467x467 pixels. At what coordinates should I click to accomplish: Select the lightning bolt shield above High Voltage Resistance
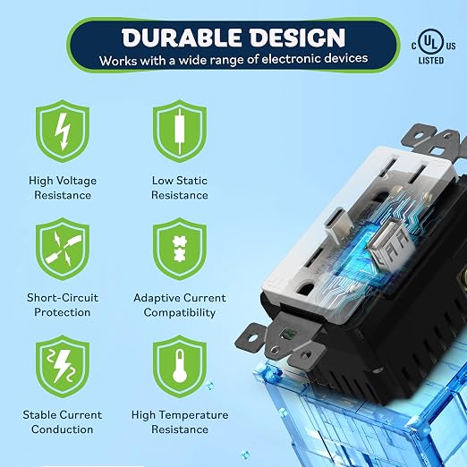pyautogui.click(x=63, y=132)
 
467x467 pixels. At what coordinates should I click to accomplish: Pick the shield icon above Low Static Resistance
pyautogui.click(x=180, y=132)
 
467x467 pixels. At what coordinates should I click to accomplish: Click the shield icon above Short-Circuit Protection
pyautogui.click(x=63, y=249)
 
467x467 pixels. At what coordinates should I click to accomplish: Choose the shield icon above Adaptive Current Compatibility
pyautogui.click(x=180, y=249)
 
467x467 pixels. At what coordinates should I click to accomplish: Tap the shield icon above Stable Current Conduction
pyautogui.click(x=63, y=366)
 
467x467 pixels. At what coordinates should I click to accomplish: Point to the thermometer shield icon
pyautogui.click(x=180, y=366)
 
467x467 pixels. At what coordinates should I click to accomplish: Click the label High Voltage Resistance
pyautogui.click(x=63, y=188)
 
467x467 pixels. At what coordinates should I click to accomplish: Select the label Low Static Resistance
pyautogui.click(x=180, y=188)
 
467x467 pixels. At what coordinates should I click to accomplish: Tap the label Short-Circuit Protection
pyautogui.click(x=63, y=305)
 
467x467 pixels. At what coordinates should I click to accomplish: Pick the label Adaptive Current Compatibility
pyautogui.click(x=180, y=305)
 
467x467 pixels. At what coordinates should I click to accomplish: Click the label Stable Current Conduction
pyautogui.click(x=63, y=422)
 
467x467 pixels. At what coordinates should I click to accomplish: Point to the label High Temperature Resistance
pyautogui.click(x=180, y=422)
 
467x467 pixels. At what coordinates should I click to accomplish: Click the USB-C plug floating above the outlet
pyautogui.click(x=338, y=225)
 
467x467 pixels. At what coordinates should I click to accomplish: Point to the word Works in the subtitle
pyautogui.click(x=118, y=61)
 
